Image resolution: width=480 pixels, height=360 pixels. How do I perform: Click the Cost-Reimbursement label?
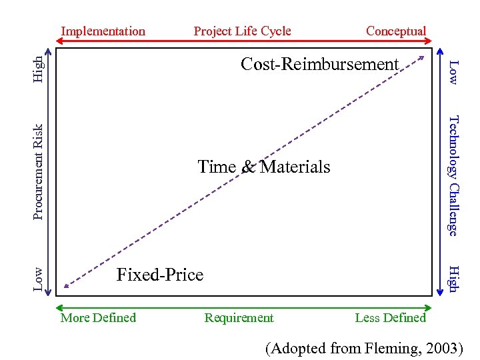319,64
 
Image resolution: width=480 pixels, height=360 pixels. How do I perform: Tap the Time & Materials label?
264,167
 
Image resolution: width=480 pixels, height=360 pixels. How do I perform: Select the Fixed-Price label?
160,274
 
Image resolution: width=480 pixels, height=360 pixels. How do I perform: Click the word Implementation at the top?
103,31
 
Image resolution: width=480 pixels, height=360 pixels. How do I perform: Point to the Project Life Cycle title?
242,31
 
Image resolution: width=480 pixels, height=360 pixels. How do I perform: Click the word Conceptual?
396,31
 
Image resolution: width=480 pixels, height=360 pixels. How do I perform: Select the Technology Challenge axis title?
453,175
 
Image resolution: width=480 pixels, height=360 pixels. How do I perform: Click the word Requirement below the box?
239,318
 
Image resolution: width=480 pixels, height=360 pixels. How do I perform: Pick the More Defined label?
98,318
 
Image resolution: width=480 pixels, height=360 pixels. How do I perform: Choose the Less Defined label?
390,318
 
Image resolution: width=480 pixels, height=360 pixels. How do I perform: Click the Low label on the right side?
453,72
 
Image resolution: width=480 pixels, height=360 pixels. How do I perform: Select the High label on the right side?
453,278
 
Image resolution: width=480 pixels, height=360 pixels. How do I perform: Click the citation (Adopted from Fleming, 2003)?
364,347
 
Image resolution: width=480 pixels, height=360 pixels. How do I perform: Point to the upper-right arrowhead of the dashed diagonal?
421,58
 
